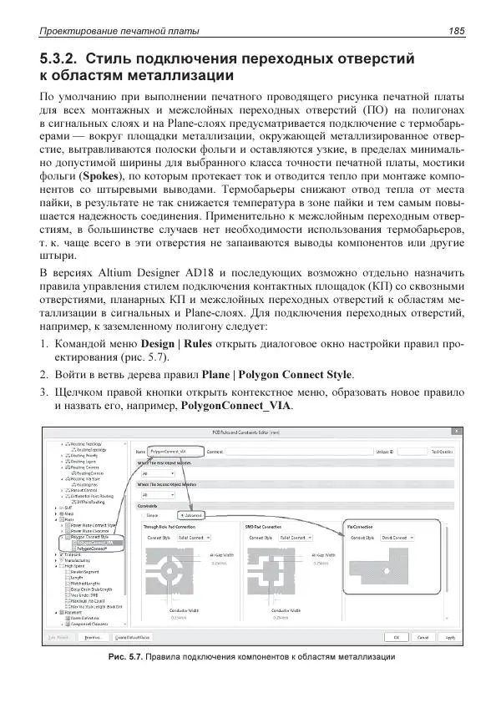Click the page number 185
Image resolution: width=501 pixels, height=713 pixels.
pos(455,31)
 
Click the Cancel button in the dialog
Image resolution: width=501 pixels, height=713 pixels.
pos(447,637)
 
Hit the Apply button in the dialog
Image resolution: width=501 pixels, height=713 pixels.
pos(473,637)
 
